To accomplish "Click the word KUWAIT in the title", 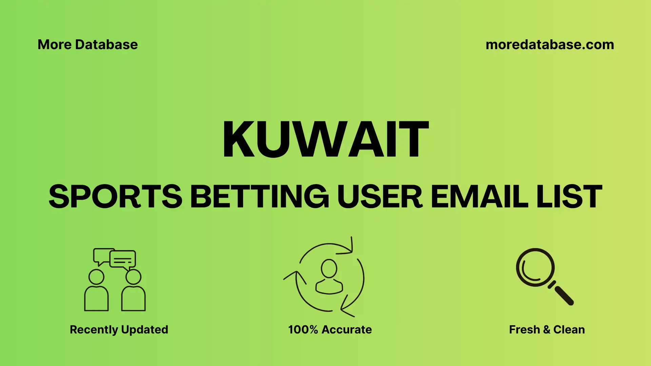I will (325, 139).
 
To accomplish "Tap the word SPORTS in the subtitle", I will (115, 197).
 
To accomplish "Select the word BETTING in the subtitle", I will (259, 197).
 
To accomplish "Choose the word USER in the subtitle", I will (380, 197).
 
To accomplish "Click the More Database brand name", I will (87, 45).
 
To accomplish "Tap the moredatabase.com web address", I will (550, 45).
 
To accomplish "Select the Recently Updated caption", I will (119, 329).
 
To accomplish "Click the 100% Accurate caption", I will (330, 329).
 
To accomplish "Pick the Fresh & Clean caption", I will (547, 329).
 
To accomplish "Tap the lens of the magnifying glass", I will (535, 267).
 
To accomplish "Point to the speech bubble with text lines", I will (123, 260).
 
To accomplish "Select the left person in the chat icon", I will (96, 291).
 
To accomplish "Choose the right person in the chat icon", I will (133, 291).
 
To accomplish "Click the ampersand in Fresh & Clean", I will (546, 330).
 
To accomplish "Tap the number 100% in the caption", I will (303, 329).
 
